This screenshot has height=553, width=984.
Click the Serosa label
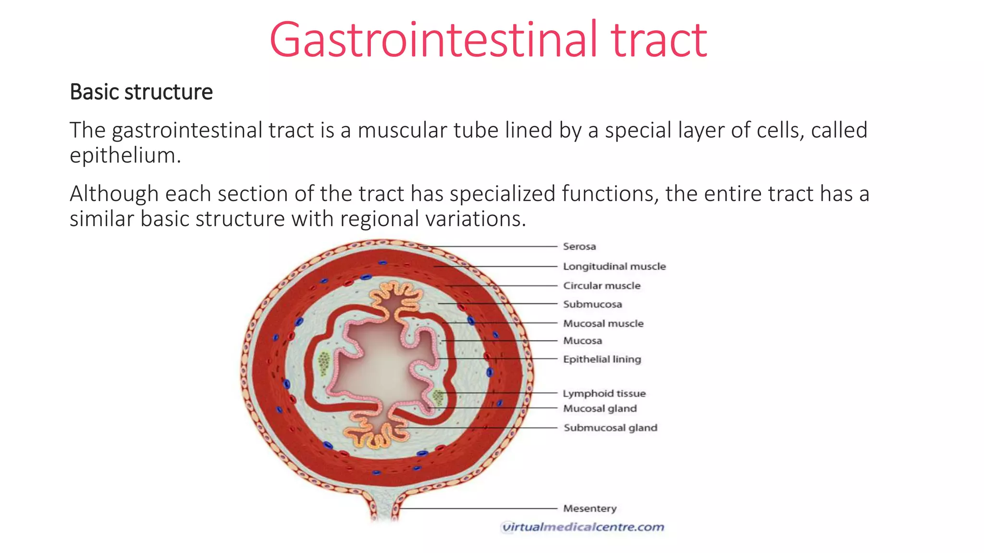(x=579, y=246)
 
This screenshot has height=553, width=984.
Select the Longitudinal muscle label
(x=614, y=266)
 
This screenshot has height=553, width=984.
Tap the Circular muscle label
(x=602, y=286)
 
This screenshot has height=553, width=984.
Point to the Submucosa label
(x=592, y=304)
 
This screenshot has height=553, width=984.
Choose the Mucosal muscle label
(x=603, y=324)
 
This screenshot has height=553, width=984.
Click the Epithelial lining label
(x=602, y=359)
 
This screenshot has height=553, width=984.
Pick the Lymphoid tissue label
(x=604, y=394)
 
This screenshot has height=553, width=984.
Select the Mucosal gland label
(x=600, y=409)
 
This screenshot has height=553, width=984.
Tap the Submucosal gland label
(x=610, y=428)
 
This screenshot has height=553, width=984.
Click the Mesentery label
(x=590, y=508)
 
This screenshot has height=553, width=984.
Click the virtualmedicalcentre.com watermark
(x=582, y=527)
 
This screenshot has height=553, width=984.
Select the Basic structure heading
(x=141, y=92)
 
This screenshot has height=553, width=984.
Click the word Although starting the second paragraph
(x=114, y=194)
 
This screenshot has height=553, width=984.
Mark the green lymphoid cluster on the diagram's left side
(x=324, y=363)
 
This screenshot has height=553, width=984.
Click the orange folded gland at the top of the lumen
(x=397, y=298)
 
